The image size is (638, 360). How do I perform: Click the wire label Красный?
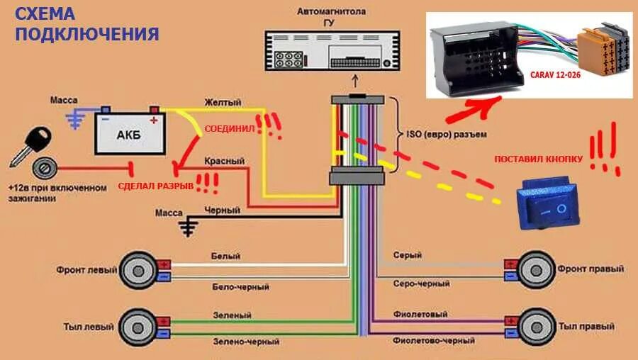[x=224, y=162]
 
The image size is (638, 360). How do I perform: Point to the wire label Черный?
[x=223, y=210]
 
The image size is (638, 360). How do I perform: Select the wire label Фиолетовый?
[x=420, y=314]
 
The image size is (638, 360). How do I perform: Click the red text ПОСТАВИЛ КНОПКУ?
[x=539, y=160]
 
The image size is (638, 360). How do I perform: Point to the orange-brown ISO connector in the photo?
[x=603, y=53]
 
